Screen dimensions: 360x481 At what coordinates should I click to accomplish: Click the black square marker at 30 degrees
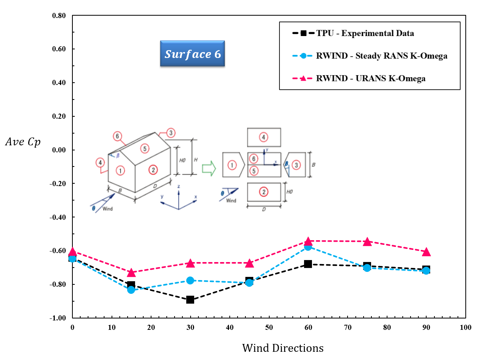click(190, 300)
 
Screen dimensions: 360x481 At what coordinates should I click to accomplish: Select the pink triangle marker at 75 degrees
click(367, 242)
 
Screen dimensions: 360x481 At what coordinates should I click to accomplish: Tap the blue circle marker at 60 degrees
click(308, 247)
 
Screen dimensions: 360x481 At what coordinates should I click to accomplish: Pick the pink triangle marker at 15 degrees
click(132, 272)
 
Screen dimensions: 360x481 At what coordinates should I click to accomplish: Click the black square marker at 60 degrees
click(308, 264)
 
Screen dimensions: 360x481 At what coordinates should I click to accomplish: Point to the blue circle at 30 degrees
click(190, 280)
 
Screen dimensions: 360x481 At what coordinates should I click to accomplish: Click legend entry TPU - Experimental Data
click(365, 33)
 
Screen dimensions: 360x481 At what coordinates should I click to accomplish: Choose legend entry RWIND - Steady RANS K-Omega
click(381, 56)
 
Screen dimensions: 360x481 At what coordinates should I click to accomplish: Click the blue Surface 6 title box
click(193, 54)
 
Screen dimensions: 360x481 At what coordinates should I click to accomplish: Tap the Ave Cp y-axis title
click(23, 141)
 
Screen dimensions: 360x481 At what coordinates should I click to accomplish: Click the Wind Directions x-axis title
click(283, 347)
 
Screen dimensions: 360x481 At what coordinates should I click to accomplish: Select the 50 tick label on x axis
click(268, 327)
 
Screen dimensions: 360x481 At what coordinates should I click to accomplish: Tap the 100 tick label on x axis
click(465, 327)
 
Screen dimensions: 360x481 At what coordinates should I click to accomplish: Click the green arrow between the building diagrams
click(209, 168)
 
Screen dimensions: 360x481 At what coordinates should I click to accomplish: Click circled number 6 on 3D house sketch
click(117, 136)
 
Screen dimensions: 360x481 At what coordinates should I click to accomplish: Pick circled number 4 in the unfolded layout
click(264, 137)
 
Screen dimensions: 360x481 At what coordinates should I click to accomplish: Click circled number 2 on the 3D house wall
click(153, 169)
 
